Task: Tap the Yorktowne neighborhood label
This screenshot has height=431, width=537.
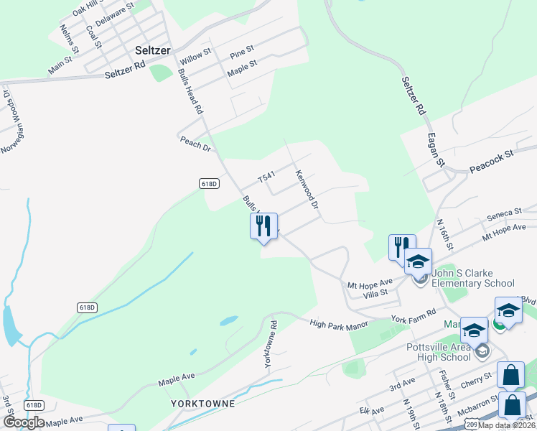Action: click(x=203, y=404)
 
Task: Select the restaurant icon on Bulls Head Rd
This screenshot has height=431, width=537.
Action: click(x=263, y=226)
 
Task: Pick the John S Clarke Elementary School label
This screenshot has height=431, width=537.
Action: click(x=474, y=283)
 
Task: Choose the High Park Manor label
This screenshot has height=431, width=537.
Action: click(x=339, y=325)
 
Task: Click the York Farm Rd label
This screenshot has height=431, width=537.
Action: click(x=414, y=315)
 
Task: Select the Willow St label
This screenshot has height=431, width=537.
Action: click(x=195, y=53)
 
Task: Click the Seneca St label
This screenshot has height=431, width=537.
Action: click(x=503, y=213)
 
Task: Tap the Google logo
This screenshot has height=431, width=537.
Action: click(x=24, y=422)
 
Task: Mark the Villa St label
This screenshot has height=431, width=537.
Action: click(x=375, y=292)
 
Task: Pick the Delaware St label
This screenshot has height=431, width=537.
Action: click(x=115, y=14)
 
